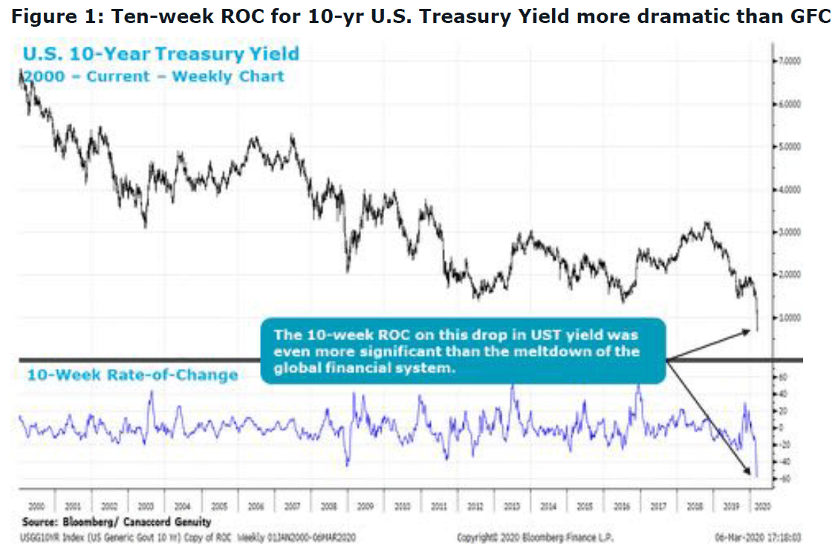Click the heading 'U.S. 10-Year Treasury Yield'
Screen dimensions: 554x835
point(161,53)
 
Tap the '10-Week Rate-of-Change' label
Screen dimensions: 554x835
point(132,374)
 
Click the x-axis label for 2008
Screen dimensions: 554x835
point(328,506)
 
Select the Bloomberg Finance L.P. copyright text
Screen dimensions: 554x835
point(535,537)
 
